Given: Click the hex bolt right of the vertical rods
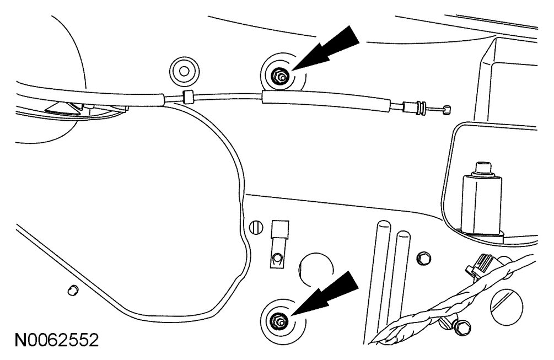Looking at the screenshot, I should pyautogui.click(x=423, y=257).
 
